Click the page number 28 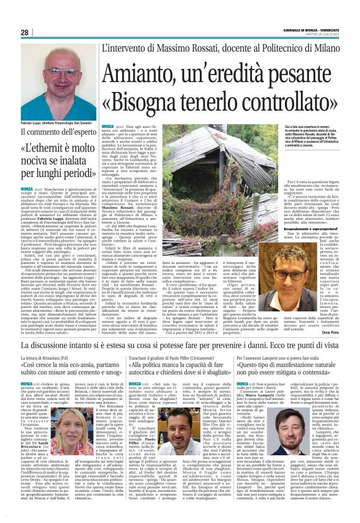pos(25,32)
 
